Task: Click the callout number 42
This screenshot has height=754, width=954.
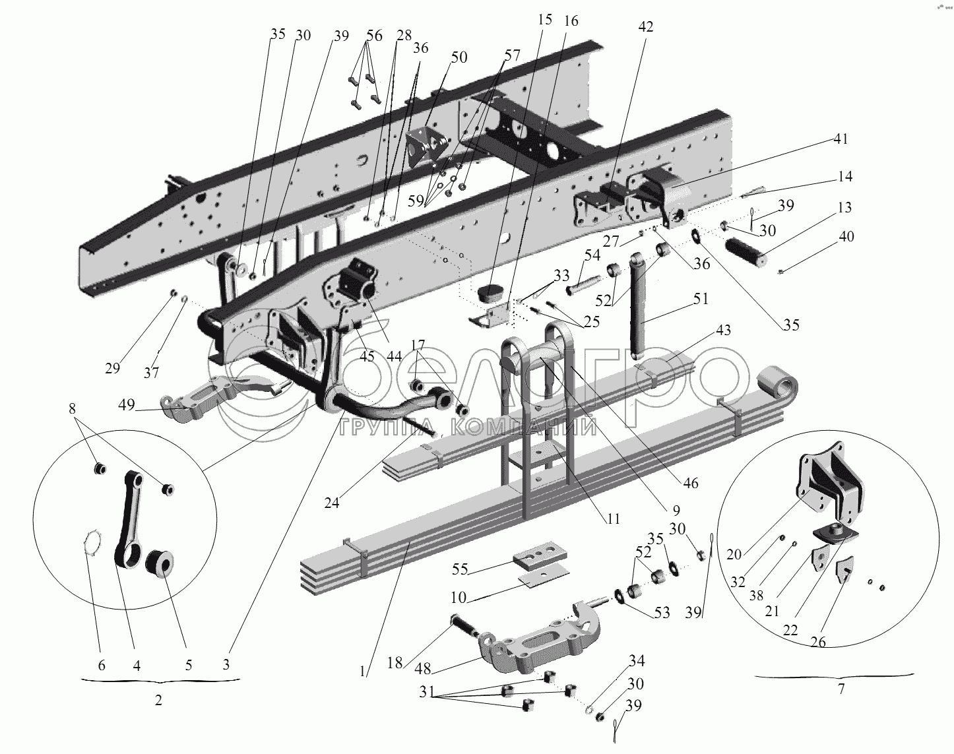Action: point(646,27)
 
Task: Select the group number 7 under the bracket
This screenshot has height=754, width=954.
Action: point(841,690)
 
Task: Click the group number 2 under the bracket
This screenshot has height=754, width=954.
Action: point(158,701)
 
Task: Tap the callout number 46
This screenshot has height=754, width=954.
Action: point(690,484)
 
